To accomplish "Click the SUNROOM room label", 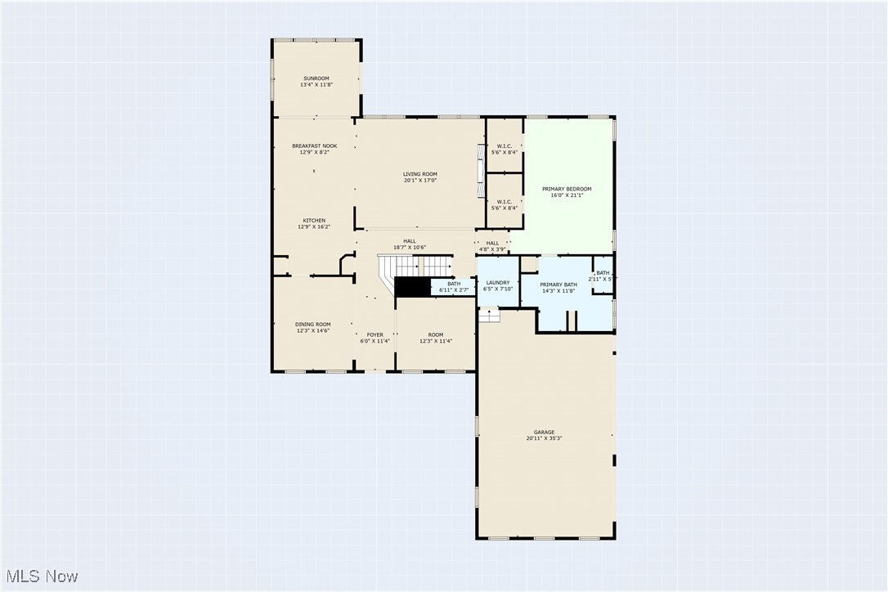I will (x=316, y=78).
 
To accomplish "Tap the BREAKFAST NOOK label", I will (x=314, y=146).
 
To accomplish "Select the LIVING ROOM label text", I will (x=419, y=174).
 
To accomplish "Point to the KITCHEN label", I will (x=314, y=221).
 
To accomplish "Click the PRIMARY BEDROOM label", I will (x=567, y=189).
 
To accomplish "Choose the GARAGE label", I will (x=544, y=433).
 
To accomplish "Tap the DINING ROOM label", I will (x=312, y=325).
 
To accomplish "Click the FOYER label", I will (x=374, y=334).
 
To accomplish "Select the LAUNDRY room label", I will (x=497, y=283).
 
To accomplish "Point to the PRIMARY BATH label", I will (x=558, y=285).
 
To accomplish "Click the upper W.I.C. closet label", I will (x=504, y=146).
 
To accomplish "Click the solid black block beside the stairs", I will (x=412, y=287).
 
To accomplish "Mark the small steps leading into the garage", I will (x=489, y=315).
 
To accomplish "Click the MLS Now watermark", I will (x=40, y=576).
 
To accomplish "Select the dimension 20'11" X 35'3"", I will (x=544, y=438).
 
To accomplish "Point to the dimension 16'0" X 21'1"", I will (x=567, y=195).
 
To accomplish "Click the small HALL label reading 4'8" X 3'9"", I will (x=492, y=249).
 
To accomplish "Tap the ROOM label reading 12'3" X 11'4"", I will (x=435, y=341).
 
